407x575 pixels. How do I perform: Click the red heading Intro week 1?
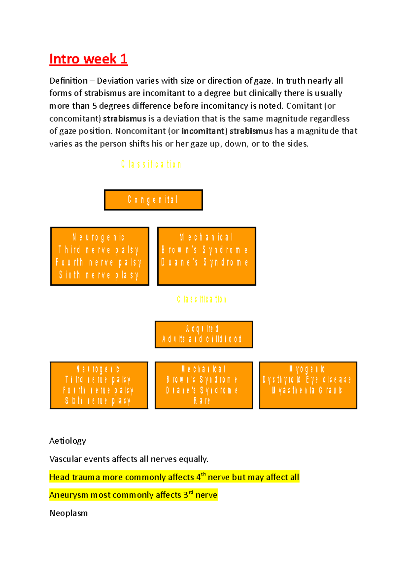[88, 59]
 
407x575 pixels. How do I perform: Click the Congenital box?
[153, 200]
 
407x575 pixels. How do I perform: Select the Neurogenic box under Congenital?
[100, 256]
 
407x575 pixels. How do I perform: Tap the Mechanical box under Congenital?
[207, 256]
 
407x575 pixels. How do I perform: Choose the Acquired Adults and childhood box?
[203, 334]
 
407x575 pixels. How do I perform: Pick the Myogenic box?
[308, 385]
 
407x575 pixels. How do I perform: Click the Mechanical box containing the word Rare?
[203, 385]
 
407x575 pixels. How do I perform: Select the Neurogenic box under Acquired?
[99, 385]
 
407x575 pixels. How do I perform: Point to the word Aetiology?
[67, 441]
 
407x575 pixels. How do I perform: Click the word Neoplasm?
[69, 513]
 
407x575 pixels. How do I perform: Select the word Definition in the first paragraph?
[69, 81]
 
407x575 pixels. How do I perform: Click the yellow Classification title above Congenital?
[151, 165]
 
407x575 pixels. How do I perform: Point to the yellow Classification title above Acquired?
[201, 299]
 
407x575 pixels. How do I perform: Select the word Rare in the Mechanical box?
[202, 401]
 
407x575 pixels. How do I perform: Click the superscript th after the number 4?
[203, 474]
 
